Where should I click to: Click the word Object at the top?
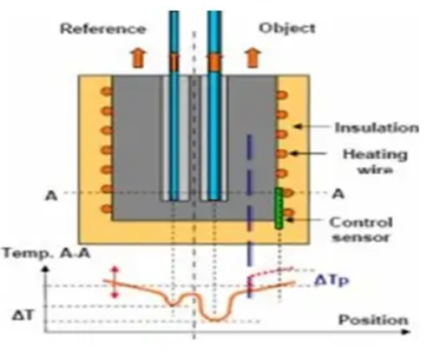(289, 28)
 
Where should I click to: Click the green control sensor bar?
(279, 206)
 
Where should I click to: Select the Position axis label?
(370, 320)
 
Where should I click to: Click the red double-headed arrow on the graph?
(113, 283)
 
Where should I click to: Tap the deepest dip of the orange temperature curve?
(215, 318)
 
